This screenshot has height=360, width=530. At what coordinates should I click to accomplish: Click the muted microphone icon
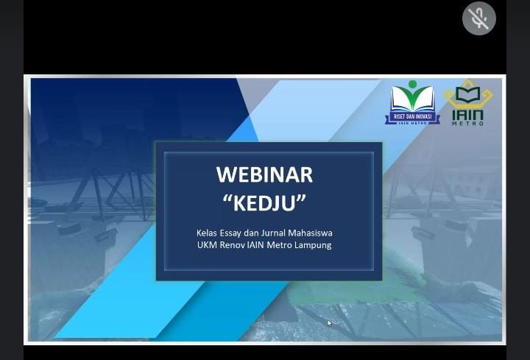(479, 18)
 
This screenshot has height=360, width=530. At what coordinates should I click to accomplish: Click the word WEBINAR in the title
(265, 174)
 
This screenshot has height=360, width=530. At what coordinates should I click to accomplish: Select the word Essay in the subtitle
(230, 233)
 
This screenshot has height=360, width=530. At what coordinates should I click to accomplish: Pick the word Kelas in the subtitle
(207, 233)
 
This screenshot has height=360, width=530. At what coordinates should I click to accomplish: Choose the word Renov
(232, 244)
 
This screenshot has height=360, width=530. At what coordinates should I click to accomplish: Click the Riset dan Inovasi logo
(412, 103)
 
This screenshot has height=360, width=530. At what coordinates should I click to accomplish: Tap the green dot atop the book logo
(412, 84)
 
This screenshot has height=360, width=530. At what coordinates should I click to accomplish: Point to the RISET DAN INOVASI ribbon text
(412, 116)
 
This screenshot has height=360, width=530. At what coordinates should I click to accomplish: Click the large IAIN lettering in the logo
(468, 115)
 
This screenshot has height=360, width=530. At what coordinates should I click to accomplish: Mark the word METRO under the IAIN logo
(468, 124)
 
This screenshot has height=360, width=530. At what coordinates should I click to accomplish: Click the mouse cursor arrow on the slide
(330, 323)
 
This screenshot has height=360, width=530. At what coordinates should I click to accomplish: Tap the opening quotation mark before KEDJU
(227, 198)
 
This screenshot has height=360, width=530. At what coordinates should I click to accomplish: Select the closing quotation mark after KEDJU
(302, 198)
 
